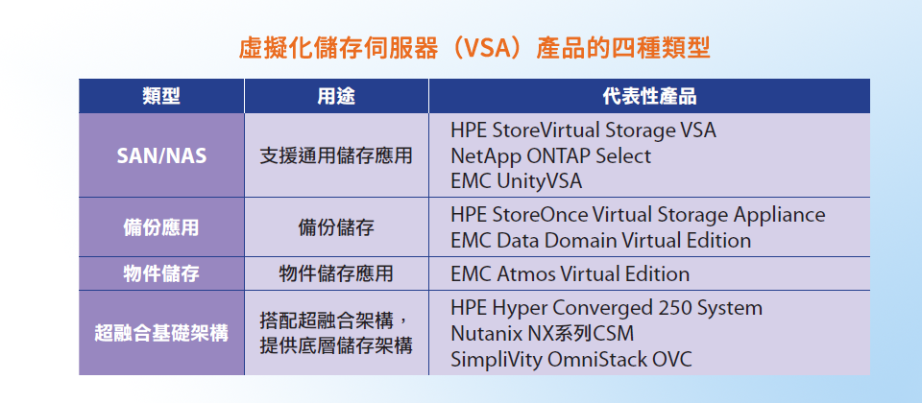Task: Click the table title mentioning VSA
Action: point(474,49)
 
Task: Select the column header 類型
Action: point(161,96)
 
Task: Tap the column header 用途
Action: point(336,96)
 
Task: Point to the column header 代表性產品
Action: point(649,96)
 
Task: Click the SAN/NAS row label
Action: point(161,155)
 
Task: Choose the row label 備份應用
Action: point(161,227)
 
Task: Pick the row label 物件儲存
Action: point(161,273)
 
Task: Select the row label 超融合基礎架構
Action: point(161,333)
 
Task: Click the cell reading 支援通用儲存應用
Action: point(336,155)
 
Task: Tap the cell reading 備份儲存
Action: point(336,227)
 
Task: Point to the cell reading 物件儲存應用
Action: point(336,273)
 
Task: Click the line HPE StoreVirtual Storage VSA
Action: point(583,130)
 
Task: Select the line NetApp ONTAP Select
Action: point(551,155)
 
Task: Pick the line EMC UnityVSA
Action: point(517,181)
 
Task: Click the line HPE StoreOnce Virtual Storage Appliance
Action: point(638,215)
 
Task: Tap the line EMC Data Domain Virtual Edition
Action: point(601,240)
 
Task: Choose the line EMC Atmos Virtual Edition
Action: point(570,274)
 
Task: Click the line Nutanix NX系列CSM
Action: point(543,334)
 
